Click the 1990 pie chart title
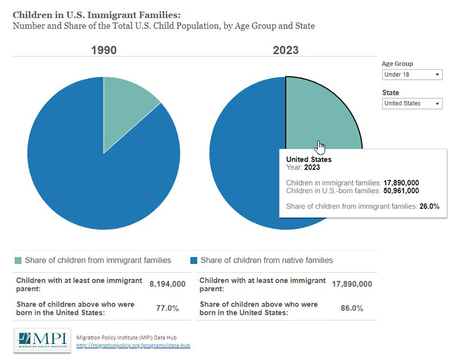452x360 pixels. [103, 50]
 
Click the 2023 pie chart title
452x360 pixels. [285, 50]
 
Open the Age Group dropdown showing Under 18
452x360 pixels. [412, 75]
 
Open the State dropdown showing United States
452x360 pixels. [412, 103]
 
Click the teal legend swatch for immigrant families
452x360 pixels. [18, 261]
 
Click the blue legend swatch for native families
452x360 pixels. [194, 261]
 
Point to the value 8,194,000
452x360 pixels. [167, 284]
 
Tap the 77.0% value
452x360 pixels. [167, 308]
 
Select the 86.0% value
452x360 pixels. [352, 308]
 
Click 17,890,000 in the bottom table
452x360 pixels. [352, 284]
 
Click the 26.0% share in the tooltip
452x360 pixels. [429, 206]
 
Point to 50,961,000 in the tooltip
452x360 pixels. [401, 191]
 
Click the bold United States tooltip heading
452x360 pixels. [309, 160]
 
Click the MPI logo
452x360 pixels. [42, 339]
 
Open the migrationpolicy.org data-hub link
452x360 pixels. [133, 345]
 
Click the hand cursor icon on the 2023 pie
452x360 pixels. [320, 147]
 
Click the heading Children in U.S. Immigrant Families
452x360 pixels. [96, 15]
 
